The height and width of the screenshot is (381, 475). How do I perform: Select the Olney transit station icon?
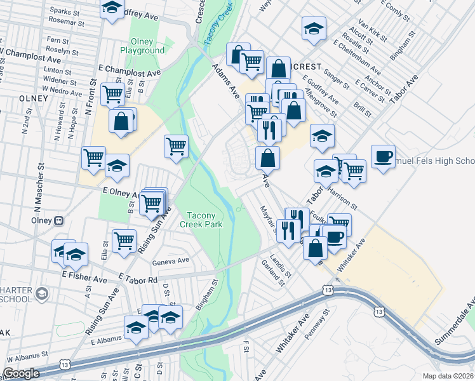(x=59, y=221)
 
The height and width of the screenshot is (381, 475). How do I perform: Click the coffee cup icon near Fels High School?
(x=384, y=156)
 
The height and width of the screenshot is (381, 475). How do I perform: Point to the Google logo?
(x=21, y=373)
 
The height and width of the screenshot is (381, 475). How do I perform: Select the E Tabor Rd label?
(x=138, y=279)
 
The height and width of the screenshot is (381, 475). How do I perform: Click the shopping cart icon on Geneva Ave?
(x=124, y=240)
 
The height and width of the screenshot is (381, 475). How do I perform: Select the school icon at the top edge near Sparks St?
(x=112, y=8)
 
